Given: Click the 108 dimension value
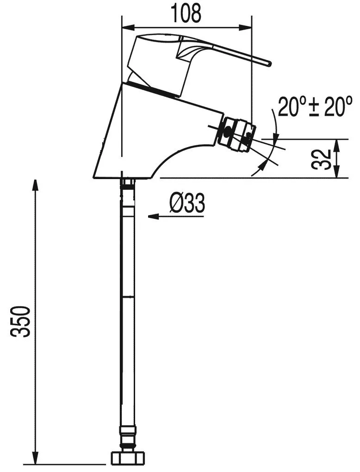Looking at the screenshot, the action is click(186, 13).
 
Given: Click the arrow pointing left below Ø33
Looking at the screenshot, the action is click(176, 216).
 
